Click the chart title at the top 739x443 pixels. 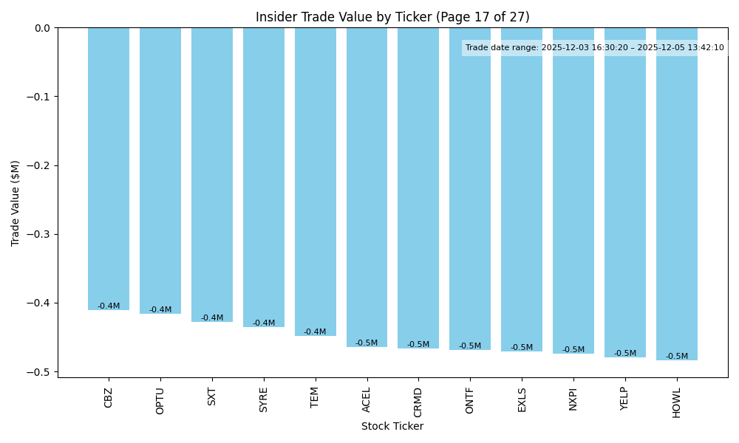click(392, 17)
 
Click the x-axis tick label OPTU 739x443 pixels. click(160, 400)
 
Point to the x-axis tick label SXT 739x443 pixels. click(212, 396)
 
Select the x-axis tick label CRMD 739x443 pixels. click(418, 402)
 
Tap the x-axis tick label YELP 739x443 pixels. click(625, 400)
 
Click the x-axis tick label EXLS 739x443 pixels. click(522, 399)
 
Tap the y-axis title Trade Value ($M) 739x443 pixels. click(15, 203)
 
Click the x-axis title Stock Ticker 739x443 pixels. click(392, 427)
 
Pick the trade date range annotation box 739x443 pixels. click(594, 48)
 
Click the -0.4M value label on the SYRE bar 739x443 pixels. click(264, 323)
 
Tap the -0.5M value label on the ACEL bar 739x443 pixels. click(367, 343)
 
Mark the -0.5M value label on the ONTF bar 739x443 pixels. click(470, 346)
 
